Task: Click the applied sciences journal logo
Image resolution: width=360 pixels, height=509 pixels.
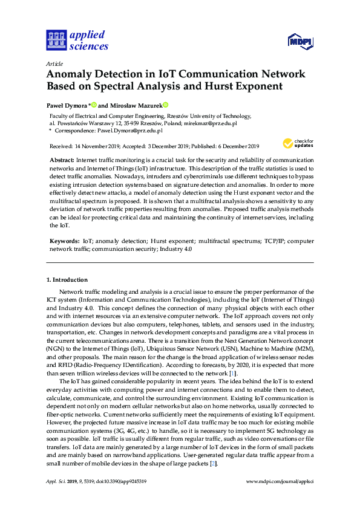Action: pyautogui.click(x=77, y=40)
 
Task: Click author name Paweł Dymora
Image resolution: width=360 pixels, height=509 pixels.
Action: pyautogui.click(x=67, y=105)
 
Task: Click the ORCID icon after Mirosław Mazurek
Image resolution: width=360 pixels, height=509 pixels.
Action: pyautogui.click(x=165, y=105)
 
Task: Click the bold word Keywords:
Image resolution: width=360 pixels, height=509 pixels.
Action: pyautogui.click(x=64, y=241)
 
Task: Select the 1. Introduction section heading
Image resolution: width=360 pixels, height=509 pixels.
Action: pyautogui.click(x=67, y=280)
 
